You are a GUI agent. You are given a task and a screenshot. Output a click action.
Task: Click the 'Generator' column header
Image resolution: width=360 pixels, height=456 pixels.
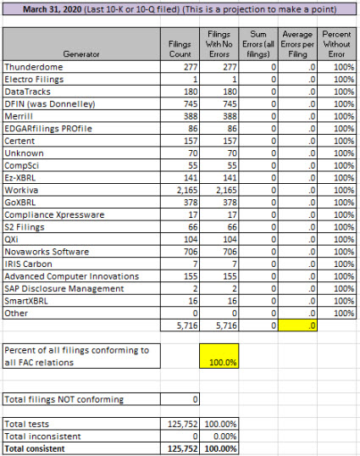tap(81, 54)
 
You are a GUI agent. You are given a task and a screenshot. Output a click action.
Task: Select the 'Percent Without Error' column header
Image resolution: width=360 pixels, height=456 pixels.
tap(336, 44)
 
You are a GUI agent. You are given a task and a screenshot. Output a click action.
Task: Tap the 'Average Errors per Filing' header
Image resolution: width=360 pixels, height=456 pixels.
tap(297, 44)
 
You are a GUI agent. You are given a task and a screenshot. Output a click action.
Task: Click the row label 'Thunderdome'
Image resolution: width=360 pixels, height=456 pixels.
tap(33, 67)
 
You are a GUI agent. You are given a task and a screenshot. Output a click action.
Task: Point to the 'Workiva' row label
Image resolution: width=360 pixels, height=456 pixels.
tap(21, 190)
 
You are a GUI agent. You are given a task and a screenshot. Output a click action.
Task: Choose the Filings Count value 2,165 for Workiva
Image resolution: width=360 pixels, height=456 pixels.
tap(187, 190)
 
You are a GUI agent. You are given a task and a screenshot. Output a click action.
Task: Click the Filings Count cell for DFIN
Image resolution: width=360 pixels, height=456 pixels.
tap(191, 103)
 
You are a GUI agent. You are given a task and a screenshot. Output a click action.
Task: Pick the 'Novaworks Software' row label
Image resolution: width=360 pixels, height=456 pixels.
tap(47, 252)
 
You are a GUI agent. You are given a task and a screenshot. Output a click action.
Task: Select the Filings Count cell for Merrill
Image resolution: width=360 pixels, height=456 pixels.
tap(191, 116)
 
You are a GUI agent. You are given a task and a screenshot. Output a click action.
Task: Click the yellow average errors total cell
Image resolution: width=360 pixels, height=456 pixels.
tap(297, 325)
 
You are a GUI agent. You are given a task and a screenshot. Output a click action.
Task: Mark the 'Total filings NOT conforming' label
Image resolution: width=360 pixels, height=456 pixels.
tap(64, 399)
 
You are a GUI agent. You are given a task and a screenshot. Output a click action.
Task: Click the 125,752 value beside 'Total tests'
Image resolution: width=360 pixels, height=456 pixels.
tap(183, 424)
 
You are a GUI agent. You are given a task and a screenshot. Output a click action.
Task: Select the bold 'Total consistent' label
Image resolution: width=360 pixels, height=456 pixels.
tap(35, 448)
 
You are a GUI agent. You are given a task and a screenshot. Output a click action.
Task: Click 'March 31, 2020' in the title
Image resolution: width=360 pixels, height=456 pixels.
tap(53, 9)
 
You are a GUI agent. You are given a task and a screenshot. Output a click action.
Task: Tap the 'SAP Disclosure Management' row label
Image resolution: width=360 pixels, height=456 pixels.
tap(64, 288)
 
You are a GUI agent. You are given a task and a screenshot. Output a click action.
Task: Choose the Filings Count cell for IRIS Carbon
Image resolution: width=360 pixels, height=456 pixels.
tap(195, 264)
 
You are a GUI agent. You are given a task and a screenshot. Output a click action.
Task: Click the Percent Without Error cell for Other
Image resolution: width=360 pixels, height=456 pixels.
tap(344, 314)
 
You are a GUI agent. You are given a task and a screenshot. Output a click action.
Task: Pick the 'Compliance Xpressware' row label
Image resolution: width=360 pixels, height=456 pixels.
tap(54, 214)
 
